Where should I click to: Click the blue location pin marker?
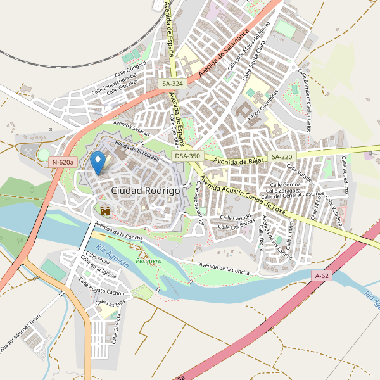point(98,163)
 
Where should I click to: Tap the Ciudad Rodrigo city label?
point(145,190)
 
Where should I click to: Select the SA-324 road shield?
point(172,84)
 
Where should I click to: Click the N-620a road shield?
point(63,163)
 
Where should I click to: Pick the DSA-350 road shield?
point(187,156)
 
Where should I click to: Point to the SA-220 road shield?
point(282,156)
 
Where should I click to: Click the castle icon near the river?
point(105,210)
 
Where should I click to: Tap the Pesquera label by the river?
point(149,260)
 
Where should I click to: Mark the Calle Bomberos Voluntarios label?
point(305,101)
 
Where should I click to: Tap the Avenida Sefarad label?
point(131,129)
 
